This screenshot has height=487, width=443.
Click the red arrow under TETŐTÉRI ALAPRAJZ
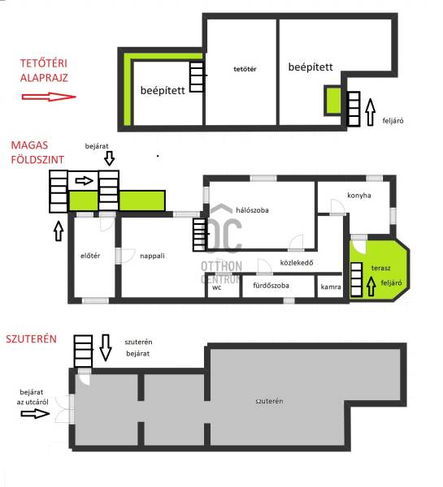49,97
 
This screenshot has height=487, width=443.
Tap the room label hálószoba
252,210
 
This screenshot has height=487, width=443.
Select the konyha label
359,196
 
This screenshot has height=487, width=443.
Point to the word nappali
152,256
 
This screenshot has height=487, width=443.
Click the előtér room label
90,256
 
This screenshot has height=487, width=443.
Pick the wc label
217,287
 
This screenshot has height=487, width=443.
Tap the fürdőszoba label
271,286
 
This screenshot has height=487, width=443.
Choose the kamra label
331,287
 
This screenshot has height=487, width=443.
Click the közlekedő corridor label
297,263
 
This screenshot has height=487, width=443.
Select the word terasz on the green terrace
380,268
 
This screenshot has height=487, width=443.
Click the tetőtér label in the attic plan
245,69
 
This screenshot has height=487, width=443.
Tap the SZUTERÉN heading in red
32,338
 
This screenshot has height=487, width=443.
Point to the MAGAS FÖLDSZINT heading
37,153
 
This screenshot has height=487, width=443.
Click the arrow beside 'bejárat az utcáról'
35,413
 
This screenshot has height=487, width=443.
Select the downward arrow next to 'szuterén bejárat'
106,347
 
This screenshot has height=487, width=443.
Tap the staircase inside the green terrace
357,279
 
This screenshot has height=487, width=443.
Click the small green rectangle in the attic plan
333,101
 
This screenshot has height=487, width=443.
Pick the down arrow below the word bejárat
109,158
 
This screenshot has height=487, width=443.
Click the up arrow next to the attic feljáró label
370,112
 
